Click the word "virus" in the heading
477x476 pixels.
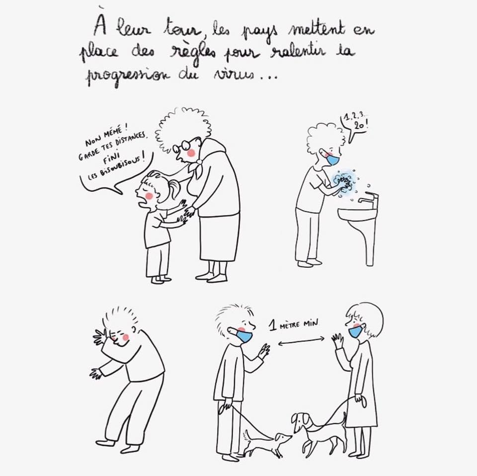tap(234, 75)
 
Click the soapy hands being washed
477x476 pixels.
tap(343, 183)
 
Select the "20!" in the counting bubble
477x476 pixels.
tap(360, 126)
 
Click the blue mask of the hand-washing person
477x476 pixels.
tap(332, 159)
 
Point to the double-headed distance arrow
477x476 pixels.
tap(302, 341)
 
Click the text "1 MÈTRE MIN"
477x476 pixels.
tap(294, 325)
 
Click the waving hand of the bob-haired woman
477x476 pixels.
tap(338, 340)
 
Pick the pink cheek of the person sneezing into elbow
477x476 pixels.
tap(125, 337)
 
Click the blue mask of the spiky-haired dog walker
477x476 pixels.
tap(244, 336)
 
